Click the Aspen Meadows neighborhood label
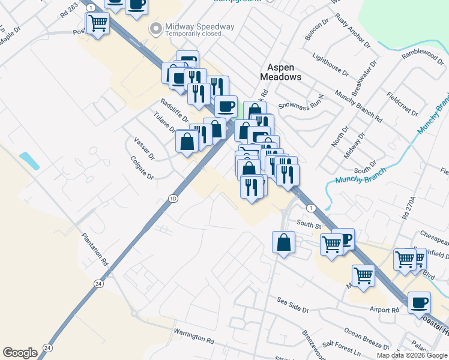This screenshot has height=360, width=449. [280, 72]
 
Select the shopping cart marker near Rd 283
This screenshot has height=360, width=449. [98, 24]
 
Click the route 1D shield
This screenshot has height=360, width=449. [173, 199]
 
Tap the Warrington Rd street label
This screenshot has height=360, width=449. [194, 335]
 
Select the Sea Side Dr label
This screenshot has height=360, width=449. [292, 305]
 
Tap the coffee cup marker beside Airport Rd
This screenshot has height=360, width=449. [419, 302]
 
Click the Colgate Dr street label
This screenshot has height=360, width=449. [142, 169]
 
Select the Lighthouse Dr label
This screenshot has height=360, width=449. [330, 64]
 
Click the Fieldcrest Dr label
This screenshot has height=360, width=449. [402, 104]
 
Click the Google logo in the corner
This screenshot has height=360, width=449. [20, 353]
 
